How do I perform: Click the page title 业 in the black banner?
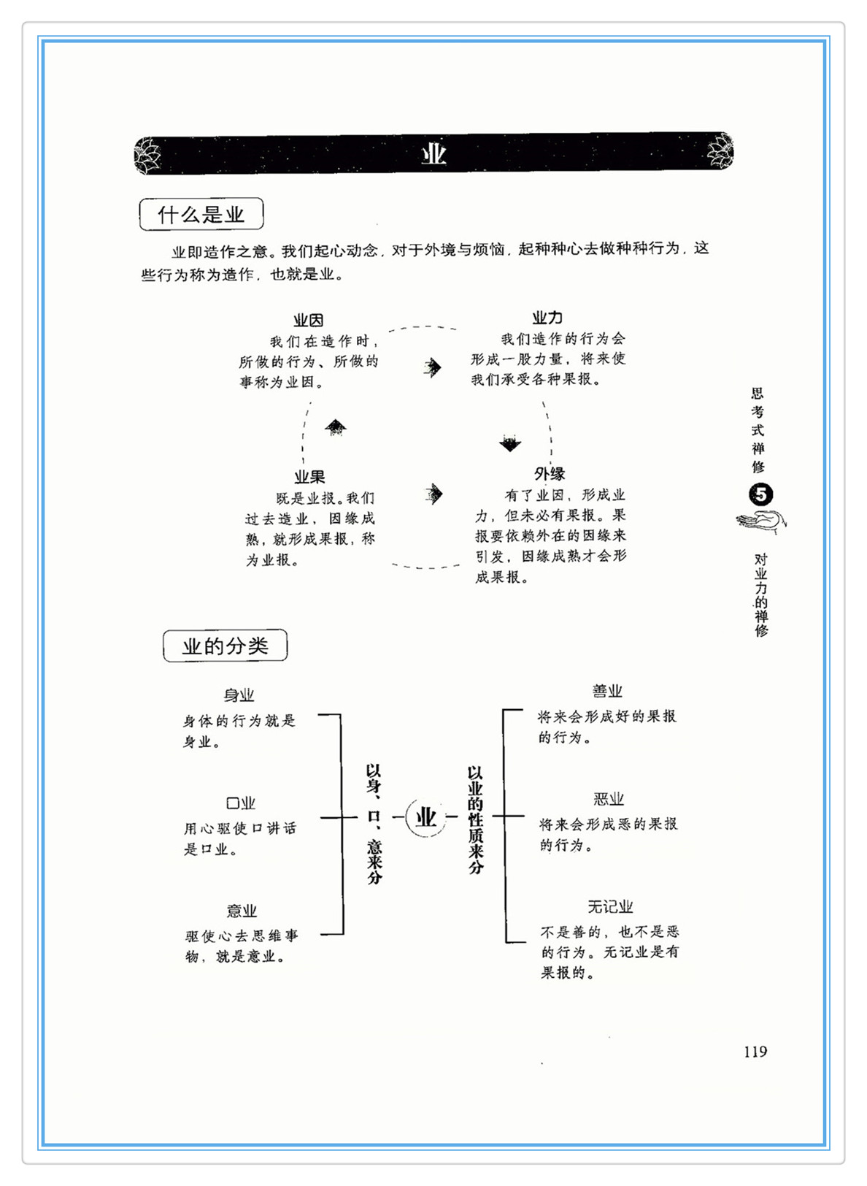tap(433, 154)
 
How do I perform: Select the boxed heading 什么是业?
tap(201, 215)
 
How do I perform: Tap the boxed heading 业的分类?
tap(225, 646)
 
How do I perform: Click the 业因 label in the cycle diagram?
tap(308, 321)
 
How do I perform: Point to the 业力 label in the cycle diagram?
tap(547, 318)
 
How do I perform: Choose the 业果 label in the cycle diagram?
tap(309, 477)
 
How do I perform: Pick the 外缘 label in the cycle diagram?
tap(550, 474)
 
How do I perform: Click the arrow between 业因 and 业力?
tap(433, 367)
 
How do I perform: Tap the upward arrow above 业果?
tap(336, 427)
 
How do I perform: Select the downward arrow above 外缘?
tap(510, 443)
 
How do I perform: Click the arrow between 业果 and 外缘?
tap(433, 494)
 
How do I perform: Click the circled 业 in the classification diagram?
tap(425, 816)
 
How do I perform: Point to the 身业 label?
tap(239, 695)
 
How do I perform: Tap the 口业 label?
tap(241, 803)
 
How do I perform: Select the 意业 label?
tap(242, 911)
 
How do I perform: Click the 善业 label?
tap(607, 691)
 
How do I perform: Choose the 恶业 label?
tap(609, 799)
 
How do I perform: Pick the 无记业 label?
tap(610, 906)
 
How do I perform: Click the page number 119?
tap(755, 1052)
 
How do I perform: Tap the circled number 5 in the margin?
tap(760, 494)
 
